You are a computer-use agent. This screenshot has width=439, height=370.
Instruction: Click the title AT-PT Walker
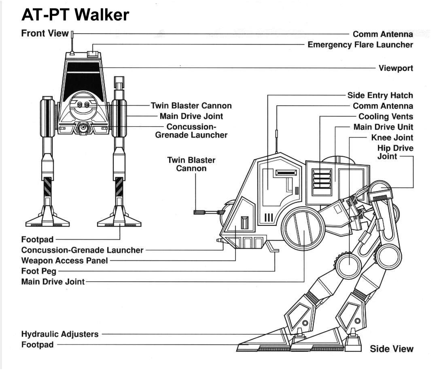coord(75,15)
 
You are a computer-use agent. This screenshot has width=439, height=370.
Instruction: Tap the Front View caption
coord(45,34)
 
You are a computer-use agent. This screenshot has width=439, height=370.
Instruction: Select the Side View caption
coord(391,349)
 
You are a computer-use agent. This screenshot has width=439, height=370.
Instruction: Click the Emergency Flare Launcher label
coord(360,45)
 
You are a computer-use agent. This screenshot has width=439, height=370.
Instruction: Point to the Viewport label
coord(396,68)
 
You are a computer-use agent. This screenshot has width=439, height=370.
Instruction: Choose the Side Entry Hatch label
coord(380,96)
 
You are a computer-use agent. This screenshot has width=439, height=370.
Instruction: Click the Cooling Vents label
coord(386,117)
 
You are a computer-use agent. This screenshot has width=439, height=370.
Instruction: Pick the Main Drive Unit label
coord(383,127)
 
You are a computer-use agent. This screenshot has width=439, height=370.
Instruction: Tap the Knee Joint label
coord(392,138)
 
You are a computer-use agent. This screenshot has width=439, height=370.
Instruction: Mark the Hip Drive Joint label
coord(395,152)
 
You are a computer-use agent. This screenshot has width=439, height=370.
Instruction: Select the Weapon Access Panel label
coord(64,261)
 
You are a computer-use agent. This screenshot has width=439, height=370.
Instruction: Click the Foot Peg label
coord(39,271)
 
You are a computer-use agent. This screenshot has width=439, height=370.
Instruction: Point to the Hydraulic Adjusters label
coord(59,334)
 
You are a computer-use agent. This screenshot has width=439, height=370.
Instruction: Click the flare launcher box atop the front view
coord(93,53)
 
